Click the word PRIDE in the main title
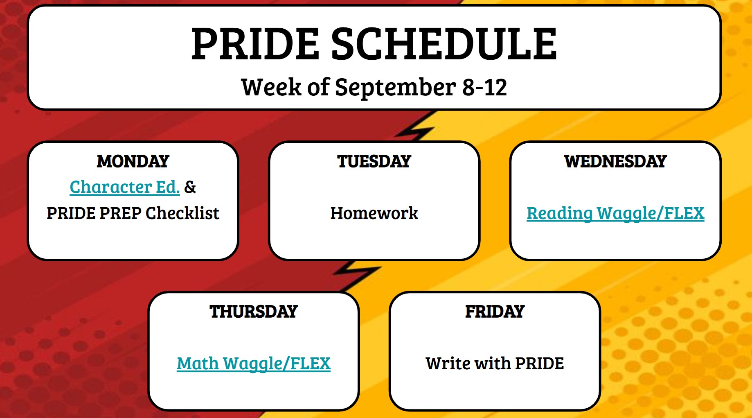255,44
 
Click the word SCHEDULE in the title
444,44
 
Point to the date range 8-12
484,87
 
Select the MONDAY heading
133,161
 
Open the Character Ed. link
125,187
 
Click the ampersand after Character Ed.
190,187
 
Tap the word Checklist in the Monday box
182,213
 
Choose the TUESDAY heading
374,161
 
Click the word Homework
374,213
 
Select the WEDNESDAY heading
615,161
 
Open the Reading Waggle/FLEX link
615,213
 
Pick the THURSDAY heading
254,312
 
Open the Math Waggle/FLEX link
254,364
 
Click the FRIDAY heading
495,312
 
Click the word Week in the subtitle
271,87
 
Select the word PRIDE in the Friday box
539,364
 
